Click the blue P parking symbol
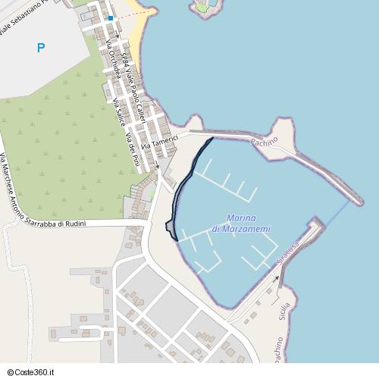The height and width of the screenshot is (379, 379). [41, 49]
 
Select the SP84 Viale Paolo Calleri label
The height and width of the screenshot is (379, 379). [134, 83]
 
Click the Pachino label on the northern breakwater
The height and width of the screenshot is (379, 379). [265, 141]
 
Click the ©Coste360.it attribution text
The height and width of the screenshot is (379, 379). [30, 372]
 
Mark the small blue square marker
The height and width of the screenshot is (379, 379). [110, 18]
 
